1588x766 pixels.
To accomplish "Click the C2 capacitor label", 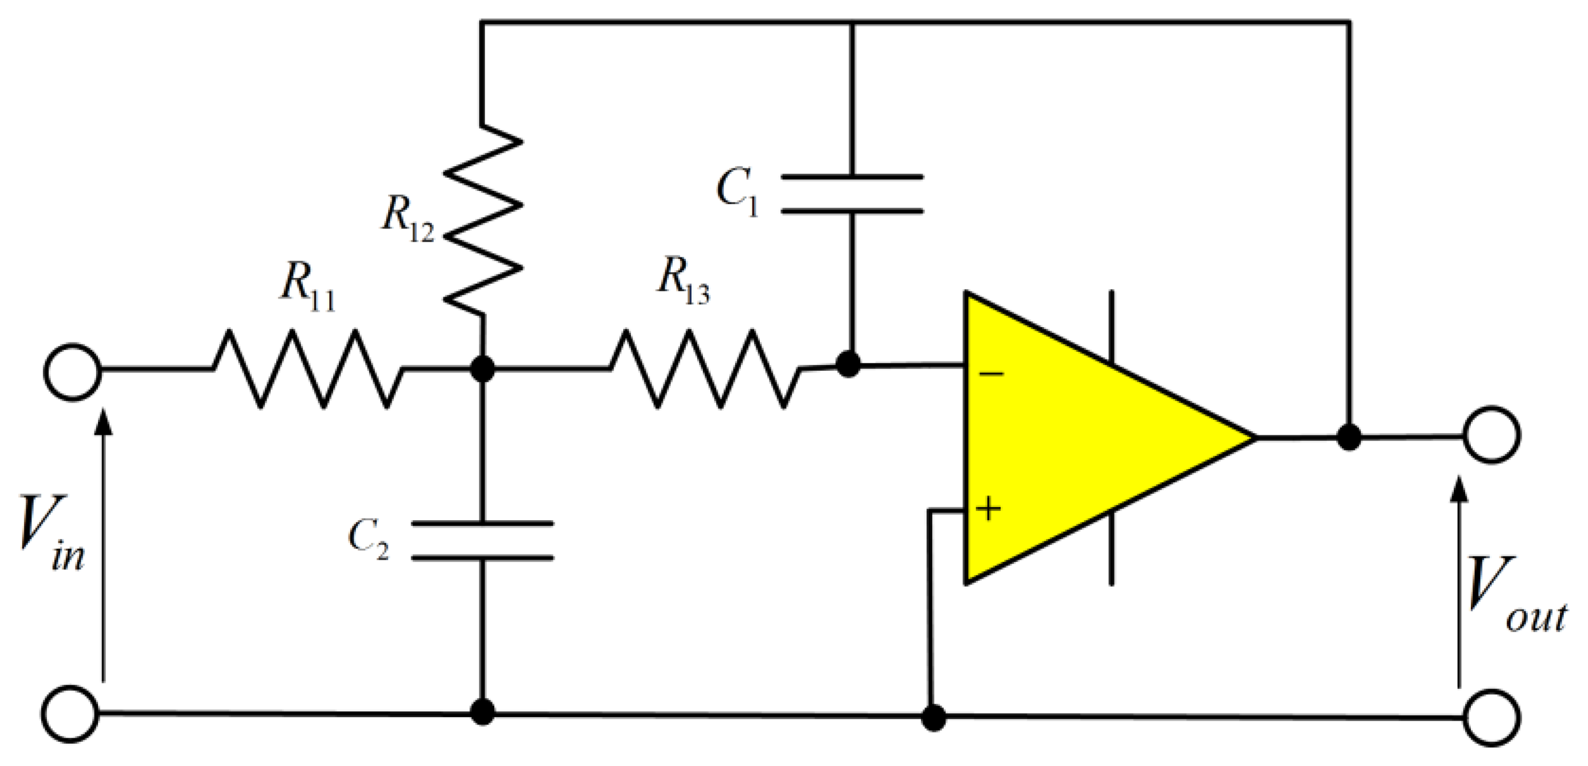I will [x=368, y=539].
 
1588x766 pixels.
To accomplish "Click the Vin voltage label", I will [x=50, y=534].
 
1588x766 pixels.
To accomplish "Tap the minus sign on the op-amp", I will [x=991, y=374].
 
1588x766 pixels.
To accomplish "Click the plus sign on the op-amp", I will [x=988, y=508].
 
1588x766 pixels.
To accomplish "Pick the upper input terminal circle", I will [x=72, y=372].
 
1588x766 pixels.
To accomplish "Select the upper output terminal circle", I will [x=1491, y=435].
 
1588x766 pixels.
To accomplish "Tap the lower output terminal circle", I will [x=1491, y=717].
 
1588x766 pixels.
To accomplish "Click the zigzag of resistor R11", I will [x=307, y=369].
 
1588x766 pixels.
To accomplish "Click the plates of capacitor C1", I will [x=851, y=195].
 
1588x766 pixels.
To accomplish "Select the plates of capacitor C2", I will [x=482, y=541].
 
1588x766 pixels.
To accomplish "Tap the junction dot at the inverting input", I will [x=848, y=364].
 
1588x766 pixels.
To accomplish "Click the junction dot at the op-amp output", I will [x=1349, y=438].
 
